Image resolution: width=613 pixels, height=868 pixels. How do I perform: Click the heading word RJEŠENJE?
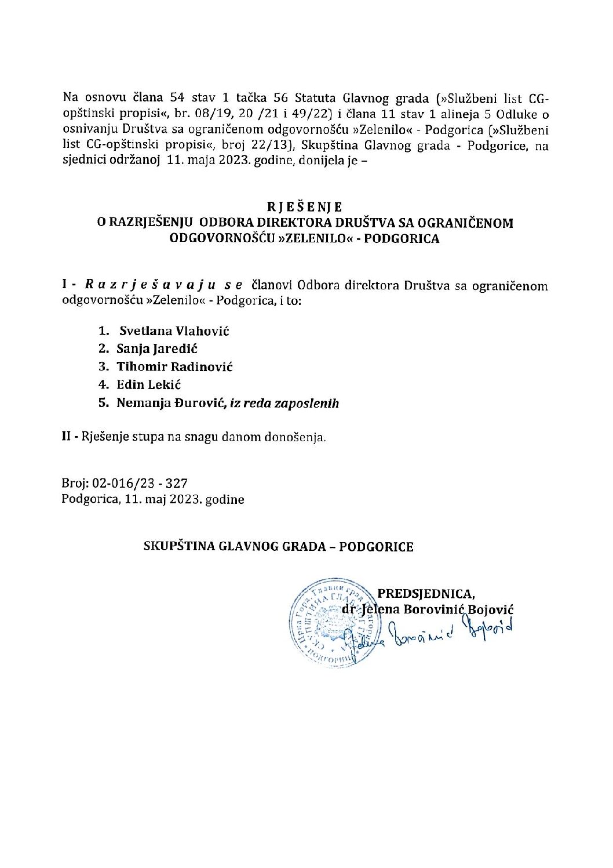pos(305,207)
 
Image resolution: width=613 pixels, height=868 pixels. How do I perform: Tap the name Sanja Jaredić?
pos(158,349)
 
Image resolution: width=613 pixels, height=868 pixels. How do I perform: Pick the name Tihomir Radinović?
pos(174,367)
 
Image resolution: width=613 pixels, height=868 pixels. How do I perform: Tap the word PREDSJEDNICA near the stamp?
pos(426,593)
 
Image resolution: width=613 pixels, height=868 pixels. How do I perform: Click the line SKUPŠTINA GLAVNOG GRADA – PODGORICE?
pos(279,547)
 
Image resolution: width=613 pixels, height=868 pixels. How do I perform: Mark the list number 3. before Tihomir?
pos(104,367)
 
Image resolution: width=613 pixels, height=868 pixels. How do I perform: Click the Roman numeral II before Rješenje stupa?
pos(66,437)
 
